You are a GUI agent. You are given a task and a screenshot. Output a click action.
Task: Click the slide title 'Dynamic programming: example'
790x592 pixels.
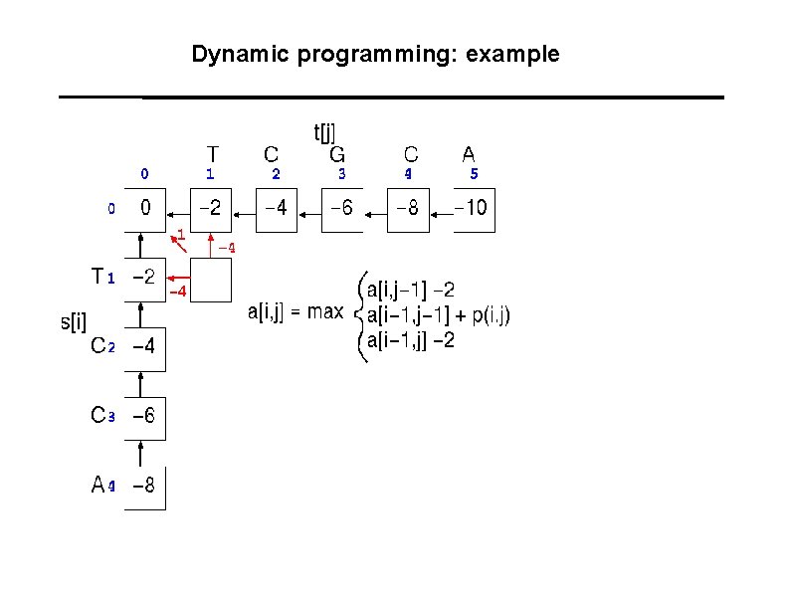(376, 54)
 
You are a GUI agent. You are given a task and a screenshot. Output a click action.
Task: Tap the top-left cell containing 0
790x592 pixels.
(145, 209)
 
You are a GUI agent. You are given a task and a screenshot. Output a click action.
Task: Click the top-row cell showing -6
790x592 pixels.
(341, 209)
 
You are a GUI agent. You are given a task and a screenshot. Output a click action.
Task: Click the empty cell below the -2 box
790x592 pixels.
(211, 279)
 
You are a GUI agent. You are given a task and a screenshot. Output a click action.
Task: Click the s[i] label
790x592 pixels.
(74, 321)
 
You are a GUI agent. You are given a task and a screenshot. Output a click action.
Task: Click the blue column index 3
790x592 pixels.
(341, 173)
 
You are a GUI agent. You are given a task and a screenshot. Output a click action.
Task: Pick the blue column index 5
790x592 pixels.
(474, 173)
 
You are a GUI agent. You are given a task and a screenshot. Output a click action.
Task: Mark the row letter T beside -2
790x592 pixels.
(98, 277)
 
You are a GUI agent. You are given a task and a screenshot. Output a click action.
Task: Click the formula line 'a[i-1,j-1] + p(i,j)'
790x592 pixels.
(439, 315)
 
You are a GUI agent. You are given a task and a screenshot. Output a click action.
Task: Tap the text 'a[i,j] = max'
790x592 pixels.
(295, 312)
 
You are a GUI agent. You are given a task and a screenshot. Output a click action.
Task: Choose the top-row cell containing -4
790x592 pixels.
(276, 209)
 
